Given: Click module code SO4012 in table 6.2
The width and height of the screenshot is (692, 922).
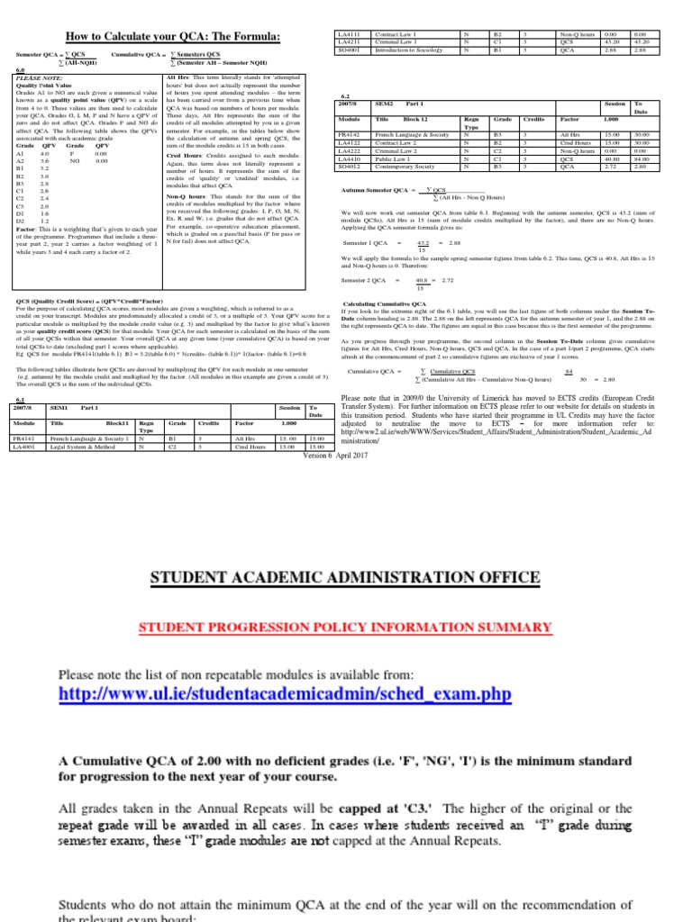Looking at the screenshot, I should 348,167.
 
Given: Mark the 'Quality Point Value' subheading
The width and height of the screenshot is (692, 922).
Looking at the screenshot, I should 41,86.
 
